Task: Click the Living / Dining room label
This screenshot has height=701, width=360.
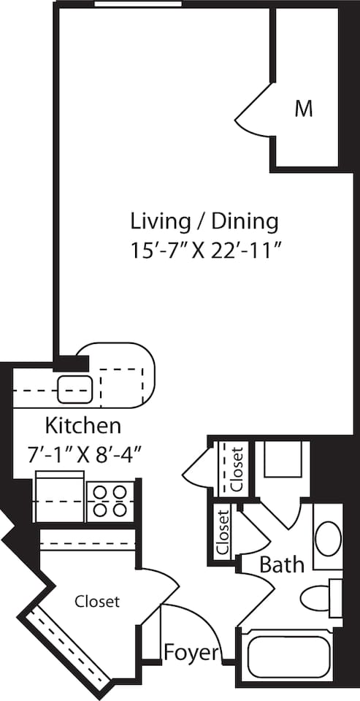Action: click(x=204, y=220)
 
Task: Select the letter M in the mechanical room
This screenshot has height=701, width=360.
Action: click(x=304, y=110)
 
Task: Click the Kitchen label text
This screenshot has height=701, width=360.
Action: click(x=83, y=425)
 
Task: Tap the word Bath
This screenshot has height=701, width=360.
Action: click(x=282, y=564)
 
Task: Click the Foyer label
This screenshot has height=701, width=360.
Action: click(x=191, y=651)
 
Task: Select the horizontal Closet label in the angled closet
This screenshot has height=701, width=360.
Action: click(x=97, y=602)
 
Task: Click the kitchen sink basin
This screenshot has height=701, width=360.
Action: click(x=74, y=386)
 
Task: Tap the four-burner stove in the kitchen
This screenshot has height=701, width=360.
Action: click(x=110, y=502)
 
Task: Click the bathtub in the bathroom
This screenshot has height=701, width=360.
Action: click(x=290, y=657)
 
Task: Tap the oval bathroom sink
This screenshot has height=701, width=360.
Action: click(x=328, y=538)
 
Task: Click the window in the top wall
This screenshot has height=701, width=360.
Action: click(x=138, y=4)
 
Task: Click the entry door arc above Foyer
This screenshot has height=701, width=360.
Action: click(x=191, y=621)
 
